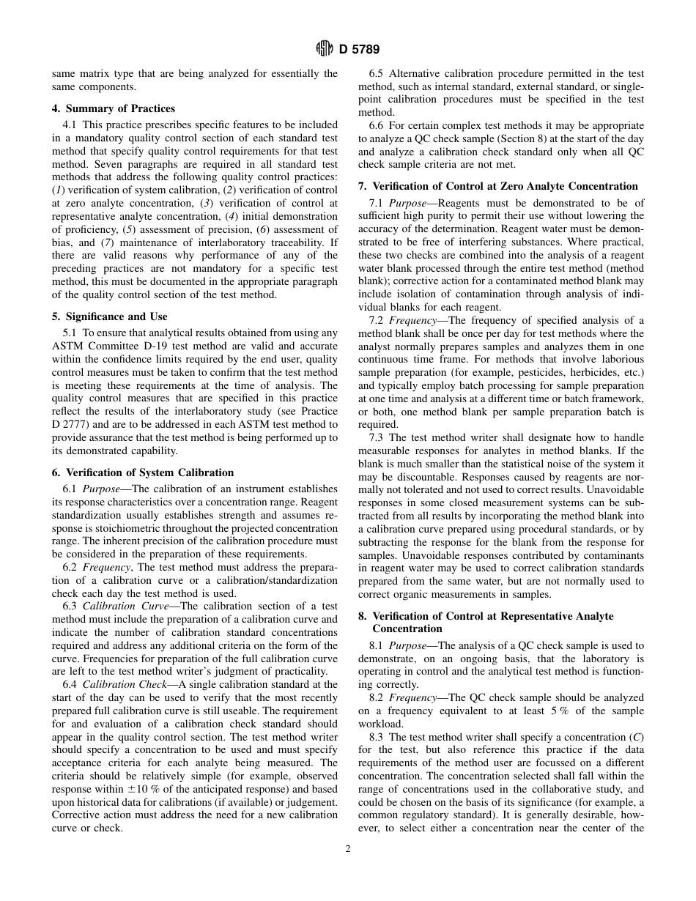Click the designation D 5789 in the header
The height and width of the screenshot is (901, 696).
(x=359, y=49)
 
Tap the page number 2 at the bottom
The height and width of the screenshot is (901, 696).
(x=348, y=849)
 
